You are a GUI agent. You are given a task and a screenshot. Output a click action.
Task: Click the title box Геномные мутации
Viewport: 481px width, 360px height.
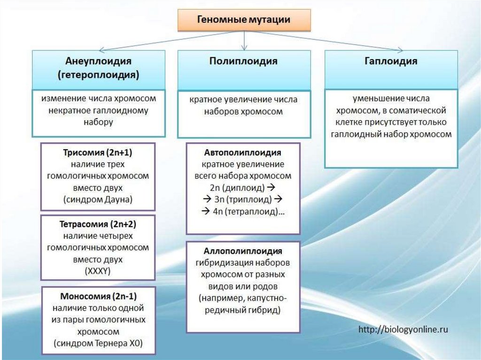[243, 19]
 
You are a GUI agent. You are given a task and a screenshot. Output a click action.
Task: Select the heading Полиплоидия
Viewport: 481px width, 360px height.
[243, 61]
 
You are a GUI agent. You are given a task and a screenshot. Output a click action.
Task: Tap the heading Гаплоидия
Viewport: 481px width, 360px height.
[391, 61]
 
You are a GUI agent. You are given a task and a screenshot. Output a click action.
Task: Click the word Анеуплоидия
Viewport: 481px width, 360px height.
[98, 61]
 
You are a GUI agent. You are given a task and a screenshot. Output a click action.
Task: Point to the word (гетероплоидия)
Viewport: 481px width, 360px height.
[98, 75]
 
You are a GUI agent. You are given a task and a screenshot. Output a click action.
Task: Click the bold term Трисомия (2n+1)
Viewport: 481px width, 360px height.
[98, 153]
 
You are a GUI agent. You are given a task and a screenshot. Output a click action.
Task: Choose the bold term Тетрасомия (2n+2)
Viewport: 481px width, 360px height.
[98, 223]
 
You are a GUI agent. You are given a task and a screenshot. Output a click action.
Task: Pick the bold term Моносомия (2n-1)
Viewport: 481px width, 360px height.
[98, 297]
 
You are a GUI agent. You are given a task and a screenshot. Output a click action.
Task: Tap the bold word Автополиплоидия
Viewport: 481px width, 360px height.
[243, 153]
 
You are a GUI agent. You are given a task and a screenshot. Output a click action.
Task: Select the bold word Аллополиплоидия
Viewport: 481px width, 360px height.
[243, 251]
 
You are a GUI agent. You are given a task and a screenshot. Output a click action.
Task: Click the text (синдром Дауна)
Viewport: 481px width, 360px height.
[98, 199]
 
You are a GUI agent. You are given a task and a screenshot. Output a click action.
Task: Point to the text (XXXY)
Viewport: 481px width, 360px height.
[98, 271]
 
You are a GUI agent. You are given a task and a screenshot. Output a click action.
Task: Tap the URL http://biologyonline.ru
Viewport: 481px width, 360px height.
[403, 329]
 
